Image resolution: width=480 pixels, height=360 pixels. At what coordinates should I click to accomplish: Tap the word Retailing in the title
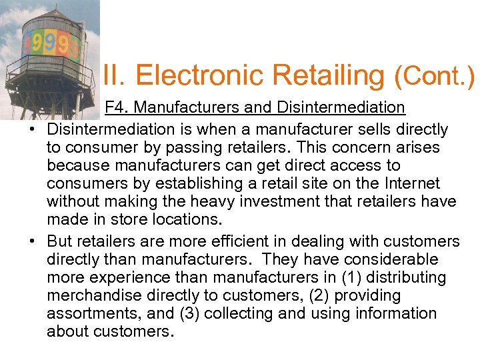[x=321, y=76]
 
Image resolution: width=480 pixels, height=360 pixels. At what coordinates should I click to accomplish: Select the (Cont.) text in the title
[x=435, y=76]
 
